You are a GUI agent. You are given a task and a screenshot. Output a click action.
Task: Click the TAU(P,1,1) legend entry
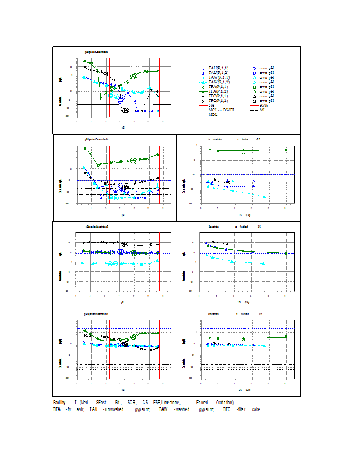click(218, 68)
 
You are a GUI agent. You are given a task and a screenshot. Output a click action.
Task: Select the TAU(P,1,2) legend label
click(218, 73)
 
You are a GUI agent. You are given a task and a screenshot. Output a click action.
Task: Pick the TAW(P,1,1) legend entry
click(218, 77)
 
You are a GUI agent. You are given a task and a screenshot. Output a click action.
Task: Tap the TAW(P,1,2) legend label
click(218, 82)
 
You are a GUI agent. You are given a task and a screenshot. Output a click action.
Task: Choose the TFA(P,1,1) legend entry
click(218, 87)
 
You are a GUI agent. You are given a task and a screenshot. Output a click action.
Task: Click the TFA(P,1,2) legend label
click(218, 91)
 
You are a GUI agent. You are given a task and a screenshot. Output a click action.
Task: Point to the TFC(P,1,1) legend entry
click(218, 96)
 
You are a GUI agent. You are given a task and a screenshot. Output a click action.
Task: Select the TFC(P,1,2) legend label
click(218, 101)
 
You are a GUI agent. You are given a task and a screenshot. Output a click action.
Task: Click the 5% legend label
click(211, 105)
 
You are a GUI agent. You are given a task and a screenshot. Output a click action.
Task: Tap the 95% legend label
click(263, 105)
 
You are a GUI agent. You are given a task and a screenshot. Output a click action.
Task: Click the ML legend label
click(263, 110)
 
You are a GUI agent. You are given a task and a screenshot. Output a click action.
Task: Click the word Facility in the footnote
click(59, 403)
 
